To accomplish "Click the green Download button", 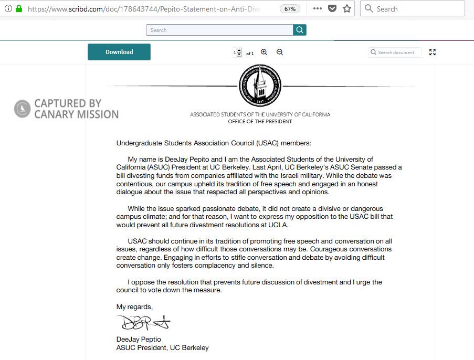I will point(119,52).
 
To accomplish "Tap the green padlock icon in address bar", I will point(19,9).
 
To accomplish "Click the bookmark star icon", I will point(347,9).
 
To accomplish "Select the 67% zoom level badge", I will point(289,9).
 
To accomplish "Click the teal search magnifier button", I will point(300,30).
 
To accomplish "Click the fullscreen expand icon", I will point(433,52).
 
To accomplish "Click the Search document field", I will point(396,52).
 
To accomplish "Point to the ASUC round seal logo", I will point(260,86).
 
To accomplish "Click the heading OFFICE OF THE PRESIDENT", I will point(260,121).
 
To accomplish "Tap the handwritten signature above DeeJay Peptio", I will point(143,322).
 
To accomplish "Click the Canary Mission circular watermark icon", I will point(22,109).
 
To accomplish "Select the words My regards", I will point(134,306).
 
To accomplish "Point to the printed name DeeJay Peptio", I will point(139,340).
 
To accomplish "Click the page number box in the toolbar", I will point(236,52).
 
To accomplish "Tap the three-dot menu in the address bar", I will point(318,9).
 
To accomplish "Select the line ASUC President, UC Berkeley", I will point(162,348).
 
